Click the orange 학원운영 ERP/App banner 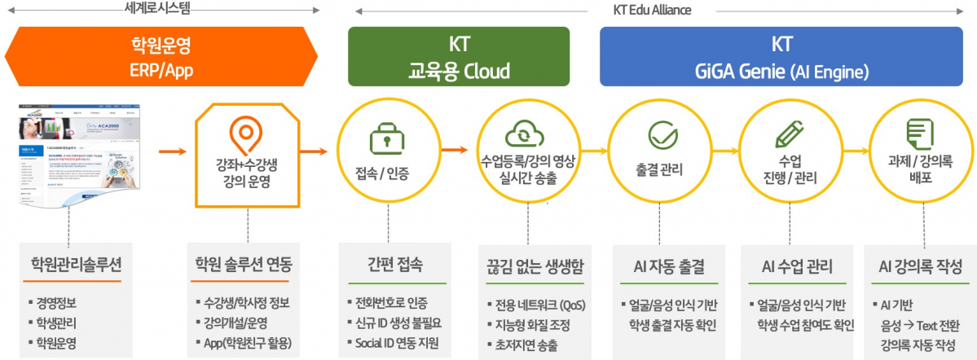(161, 55)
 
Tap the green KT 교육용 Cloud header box (459, 56)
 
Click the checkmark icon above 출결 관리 (659, 135)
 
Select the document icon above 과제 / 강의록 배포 (919, 133)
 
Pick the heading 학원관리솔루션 (70, 266)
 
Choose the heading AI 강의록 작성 (921, 266)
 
